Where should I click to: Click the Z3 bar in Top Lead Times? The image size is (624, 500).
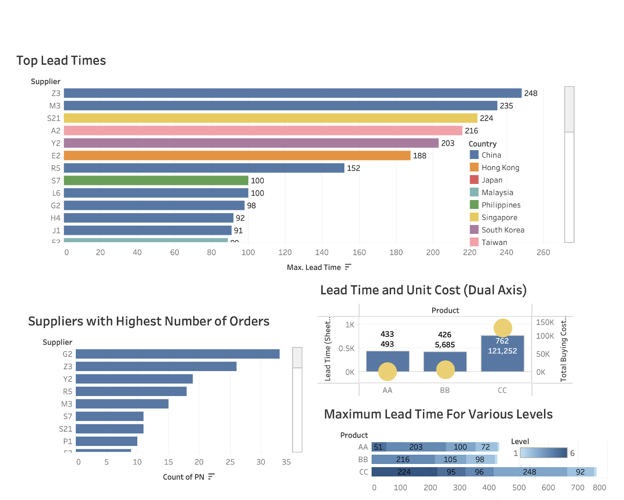293,93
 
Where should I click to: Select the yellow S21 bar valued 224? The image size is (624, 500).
270,118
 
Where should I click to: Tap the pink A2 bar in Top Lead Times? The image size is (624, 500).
263,131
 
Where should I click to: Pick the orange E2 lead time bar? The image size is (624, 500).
237,156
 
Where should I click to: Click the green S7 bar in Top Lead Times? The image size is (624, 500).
156,181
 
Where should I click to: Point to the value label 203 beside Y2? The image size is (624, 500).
447,143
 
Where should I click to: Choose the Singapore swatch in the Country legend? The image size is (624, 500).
474,217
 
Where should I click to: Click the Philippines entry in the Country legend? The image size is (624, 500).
501,205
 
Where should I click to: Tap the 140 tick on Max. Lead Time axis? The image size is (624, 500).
322,252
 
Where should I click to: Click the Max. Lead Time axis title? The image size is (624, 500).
314,268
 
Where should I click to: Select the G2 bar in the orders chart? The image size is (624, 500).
177,354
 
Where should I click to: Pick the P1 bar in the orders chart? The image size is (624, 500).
106,441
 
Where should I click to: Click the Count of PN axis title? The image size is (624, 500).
184,477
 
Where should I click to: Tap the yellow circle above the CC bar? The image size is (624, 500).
503,328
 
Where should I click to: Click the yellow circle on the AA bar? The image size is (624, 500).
387,372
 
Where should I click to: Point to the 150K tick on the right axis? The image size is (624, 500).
545,323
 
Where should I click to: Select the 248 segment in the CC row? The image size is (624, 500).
530,472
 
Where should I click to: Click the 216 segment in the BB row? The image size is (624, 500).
403,459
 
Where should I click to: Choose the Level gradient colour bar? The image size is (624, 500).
544,453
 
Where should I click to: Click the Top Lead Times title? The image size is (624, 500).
61,61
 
